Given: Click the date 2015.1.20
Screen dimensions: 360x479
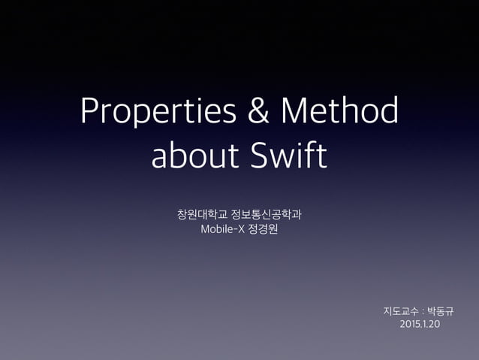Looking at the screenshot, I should [x=421, y=324].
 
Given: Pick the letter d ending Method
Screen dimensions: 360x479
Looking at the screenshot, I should [x=388, y=113].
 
